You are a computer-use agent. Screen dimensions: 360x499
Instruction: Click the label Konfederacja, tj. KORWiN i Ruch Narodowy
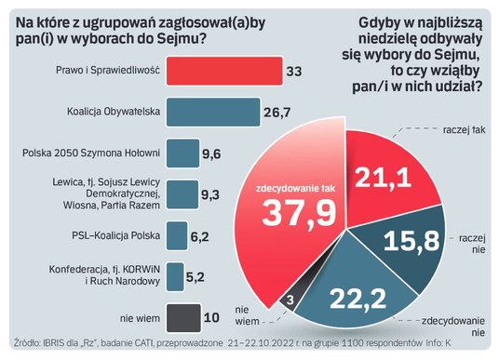tap(116, 276)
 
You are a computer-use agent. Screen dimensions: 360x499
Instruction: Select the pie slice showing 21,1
tap(382, 172)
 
